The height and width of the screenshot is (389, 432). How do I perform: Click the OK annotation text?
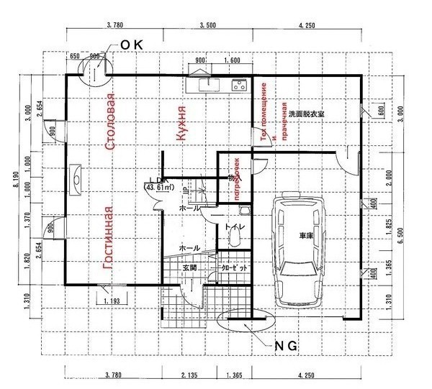(132, 45)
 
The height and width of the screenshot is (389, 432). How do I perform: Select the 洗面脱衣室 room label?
(330, 113)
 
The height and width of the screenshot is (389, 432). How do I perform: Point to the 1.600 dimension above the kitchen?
(232, 61)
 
